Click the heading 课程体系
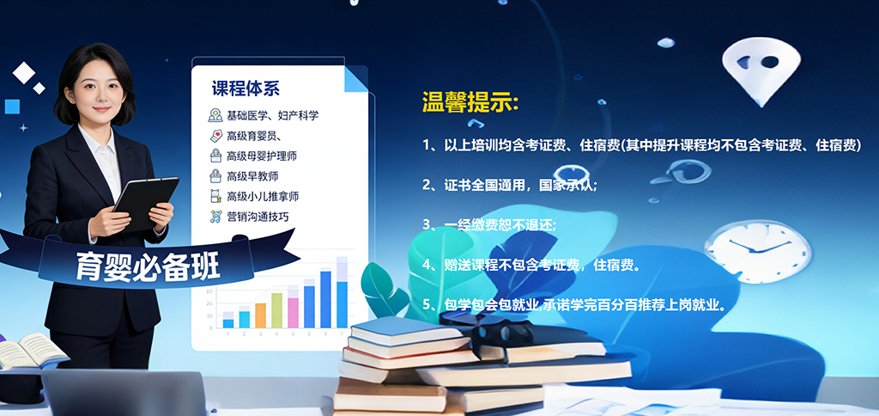coord(246,89)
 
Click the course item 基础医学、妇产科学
coord(271,115)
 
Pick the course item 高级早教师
coord(252,176)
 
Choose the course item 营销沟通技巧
coord(258,217)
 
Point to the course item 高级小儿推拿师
coord(263,197)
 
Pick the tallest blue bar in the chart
coord(325,299)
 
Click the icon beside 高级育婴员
coord(215,136)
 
